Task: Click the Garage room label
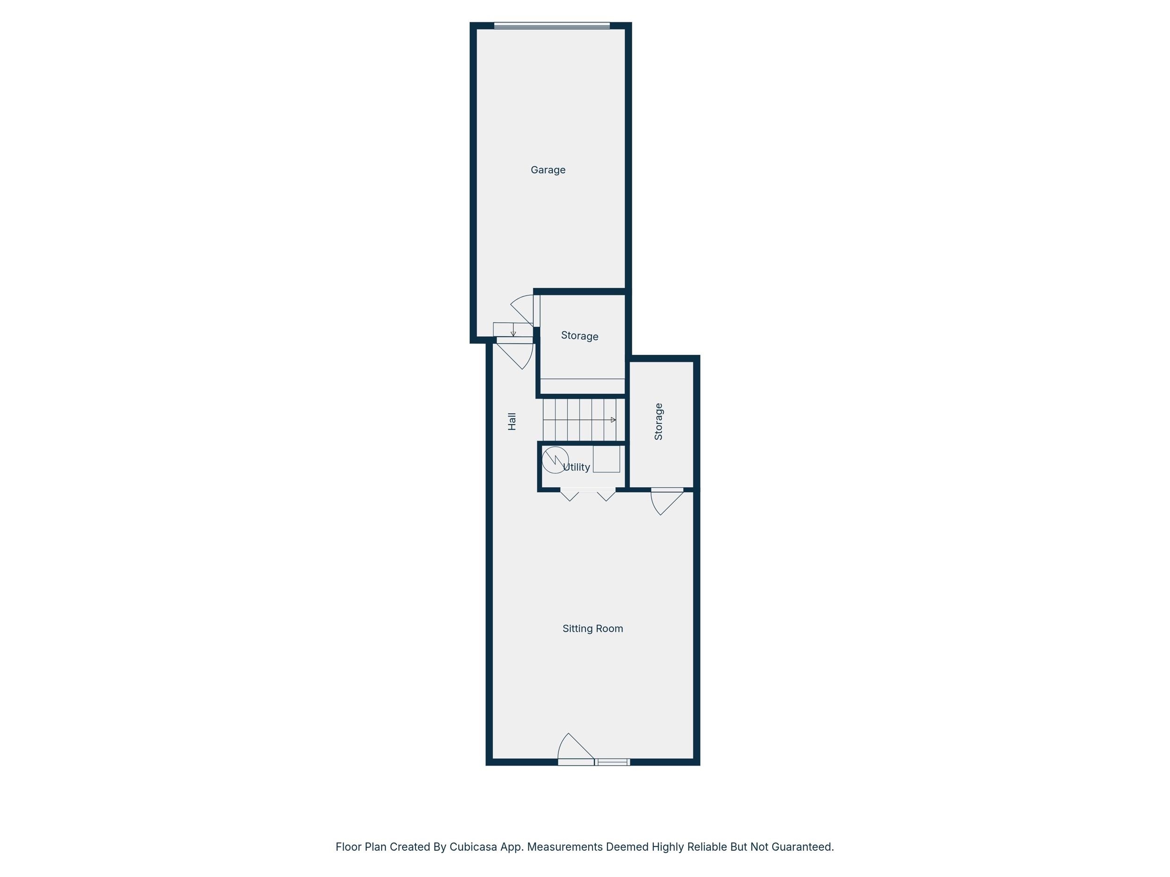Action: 548,170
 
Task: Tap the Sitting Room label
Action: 592,629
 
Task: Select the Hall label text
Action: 512,421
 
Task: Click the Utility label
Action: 576,467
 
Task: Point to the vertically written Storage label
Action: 658,421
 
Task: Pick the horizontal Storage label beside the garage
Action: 580,336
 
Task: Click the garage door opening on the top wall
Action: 552,25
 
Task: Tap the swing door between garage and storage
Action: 524,309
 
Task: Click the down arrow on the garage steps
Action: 513,329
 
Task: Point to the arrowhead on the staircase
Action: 614,420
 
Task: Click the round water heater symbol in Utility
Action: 556,459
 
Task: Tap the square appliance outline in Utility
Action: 606,459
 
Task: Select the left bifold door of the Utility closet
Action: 570,495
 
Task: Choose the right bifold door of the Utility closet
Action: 606,495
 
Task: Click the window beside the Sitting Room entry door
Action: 613,762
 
